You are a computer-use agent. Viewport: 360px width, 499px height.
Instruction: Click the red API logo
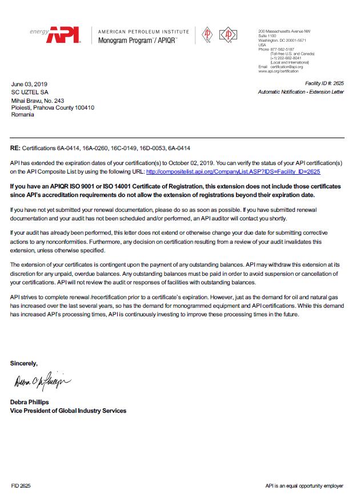(65, 35)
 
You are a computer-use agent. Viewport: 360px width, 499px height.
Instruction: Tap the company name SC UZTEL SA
(30, 92)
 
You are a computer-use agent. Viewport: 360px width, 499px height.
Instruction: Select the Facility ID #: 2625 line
(325, 83)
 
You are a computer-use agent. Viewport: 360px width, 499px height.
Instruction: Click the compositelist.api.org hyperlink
(233, 171)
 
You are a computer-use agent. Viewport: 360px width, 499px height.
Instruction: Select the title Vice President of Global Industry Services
(68, 411)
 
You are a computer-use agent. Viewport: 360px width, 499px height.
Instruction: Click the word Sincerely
(24, 363)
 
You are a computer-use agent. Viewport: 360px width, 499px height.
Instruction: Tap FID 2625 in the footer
(21, 486)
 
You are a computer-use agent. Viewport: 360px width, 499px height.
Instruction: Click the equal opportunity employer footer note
(304, 486)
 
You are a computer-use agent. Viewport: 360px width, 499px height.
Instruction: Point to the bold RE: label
(15, 148)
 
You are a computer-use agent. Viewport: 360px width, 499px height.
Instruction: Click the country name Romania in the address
(23, 114)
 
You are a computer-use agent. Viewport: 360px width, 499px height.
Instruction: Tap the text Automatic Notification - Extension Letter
(301, 92)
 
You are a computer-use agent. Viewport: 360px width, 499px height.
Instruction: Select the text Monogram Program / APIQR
(138, 41)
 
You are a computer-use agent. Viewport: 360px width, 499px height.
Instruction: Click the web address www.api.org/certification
(278, 71)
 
